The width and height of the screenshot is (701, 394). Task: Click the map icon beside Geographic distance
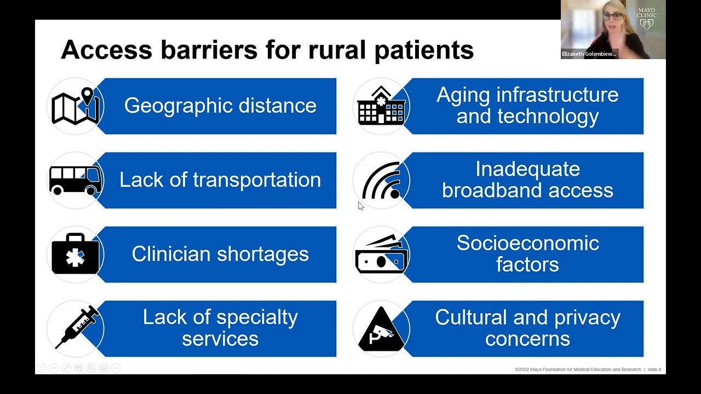pos(76,106)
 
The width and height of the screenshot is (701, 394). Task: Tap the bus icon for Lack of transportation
pos(76,180)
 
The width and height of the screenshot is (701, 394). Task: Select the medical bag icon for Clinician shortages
pos(76,254)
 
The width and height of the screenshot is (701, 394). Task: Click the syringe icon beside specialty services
pos(77,327)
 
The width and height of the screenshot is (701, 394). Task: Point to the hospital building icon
pos(381,106)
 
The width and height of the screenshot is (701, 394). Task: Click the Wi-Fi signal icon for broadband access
pos(382,181)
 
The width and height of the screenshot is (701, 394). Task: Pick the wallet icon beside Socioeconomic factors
pos(381,255)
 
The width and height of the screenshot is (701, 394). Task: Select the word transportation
pos(257,180)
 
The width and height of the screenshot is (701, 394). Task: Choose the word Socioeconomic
pos(527,243)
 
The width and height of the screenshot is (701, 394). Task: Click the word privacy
pos(587,317)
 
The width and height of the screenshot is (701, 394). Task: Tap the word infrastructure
pos(558,95)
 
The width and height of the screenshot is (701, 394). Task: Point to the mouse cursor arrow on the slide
pos(360,206)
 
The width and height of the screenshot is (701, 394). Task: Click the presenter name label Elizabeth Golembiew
pos(589,54)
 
